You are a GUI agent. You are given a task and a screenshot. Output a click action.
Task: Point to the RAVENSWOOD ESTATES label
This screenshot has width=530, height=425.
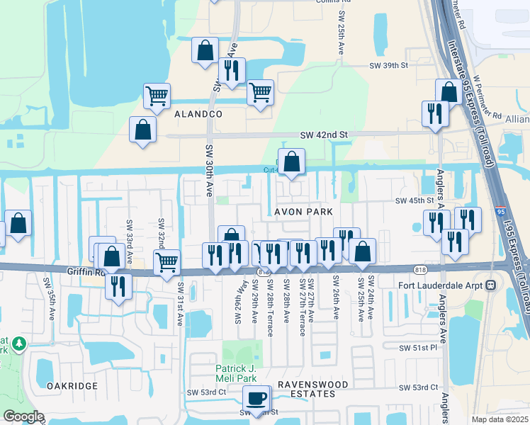click(312, 388)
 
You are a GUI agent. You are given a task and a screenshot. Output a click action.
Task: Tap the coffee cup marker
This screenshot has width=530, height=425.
click(256, 398)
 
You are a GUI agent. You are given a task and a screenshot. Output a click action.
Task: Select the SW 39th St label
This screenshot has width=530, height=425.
click(390, 65)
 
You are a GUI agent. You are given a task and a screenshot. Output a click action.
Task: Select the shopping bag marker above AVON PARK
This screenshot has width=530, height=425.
click(291, 163)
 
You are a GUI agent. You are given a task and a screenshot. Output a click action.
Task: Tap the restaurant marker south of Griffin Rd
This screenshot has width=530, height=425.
click(118, 287)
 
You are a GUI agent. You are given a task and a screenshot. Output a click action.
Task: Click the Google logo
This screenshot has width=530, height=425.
click(23, 416)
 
